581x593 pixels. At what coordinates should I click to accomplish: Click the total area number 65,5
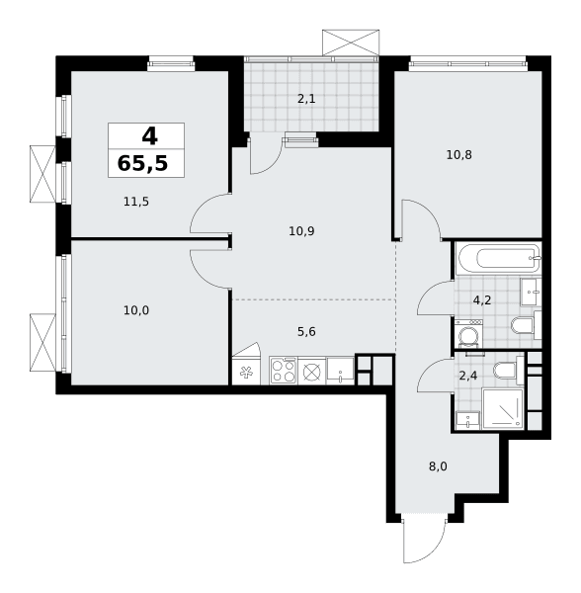point(142,164)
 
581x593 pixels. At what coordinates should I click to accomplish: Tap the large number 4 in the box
point(149,136)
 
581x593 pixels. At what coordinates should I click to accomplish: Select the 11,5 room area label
point(136,202)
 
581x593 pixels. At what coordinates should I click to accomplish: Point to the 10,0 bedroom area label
point(136,310)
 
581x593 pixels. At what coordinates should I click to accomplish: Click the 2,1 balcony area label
point(306,99)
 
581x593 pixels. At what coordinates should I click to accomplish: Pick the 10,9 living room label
point(301,231)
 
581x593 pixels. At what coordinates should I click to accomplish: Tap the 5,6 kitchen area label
point(306,332)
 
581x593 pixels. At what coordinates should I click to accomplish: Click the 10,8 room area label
point(459,155)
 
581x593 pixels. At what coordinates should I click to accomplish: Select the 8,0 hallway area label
point(438,466)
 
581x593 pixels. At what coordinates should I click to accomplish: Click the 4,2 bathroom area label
point(482,300)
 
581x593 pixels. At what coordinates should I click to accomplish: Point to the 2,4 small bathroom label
point(468,376)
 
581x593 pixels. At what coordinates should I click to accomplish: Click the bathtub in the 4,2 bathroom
point(499,259)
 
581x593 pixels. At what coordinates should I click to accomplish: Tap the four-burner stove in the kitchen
point(284,371)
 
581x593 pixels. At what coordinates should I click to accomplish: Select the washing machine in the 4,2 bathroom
point(468,334)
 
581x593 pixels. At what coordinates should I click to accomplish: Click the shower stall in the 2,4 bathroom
point(503,409)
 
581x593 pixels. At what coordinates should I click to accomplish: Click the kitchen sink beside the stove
point(340,371)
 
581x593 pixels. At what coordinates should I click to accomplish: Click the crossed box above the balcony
point(351,42)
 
